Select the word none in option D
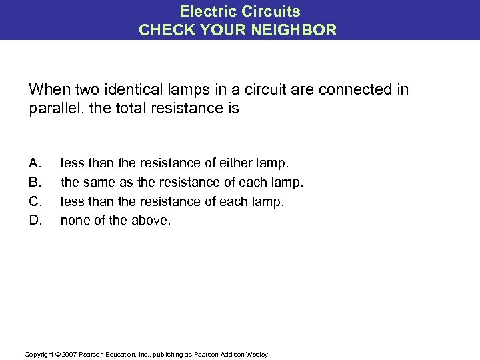tap(75, 219)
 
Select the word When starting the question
tap(48, 89)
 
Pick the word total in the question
tap(128, 108)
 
